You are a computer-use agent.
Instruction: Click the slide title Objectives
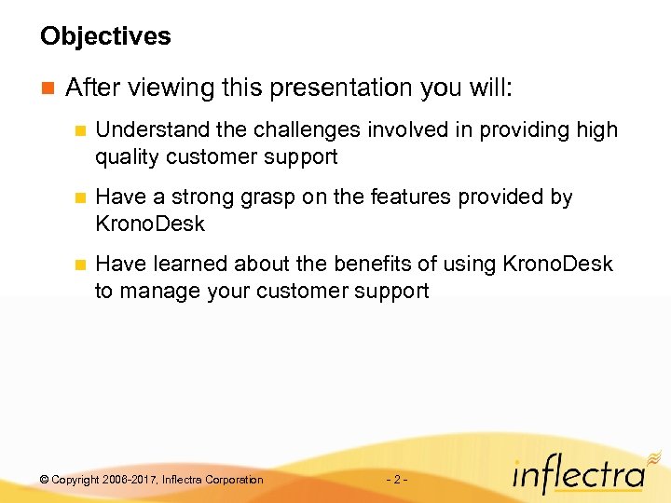(105, 37)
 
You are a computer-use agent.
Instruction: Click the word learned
(186, 265)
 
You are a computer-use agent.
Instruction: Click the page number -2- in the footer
(395, 480)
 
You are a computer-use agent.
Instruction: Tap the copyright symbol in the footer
(45, 480)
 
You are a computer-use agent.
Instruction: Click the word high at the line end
(596, 130)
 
